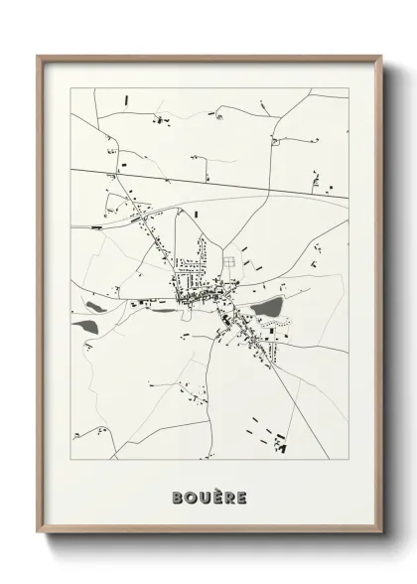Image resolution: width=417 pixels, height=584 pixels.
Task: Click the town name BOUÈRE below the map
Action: pyautogui.click(x=208, y=497)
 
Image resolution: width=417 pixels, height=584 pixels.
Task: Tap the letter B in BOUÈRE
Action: pyautogui.click(x=175, y=497)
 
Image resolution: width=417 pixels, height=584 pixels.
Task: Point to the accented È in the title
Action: pyautogui.click(x=215, y=496)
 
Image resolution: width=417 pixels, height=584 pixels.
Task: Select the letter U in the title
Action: pyautogui.click(x=202, y=497)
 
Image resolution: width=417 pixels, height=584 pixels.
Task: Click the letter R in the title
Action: pyautogui.click(x=228, y=497)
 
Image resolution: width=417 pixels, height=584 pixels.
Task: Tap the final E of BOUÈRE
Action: pyautogui.click(x=241, y=497)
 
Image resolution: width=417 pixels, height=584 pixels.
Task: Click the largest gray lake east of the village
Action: pyautogui.click(x=266, y=310)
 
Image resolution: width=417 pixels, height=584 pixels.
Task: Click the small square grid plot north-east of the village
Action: pyautogui.click(x=229, y=261)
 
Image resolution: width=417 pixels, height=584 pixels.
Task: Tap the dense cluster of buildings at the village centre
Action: pyautogui.click(x=194, y=296)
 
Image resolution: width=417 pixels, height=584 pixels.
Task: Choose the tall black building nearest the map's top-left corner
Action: pyautogui.click(x=127, y=100)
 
